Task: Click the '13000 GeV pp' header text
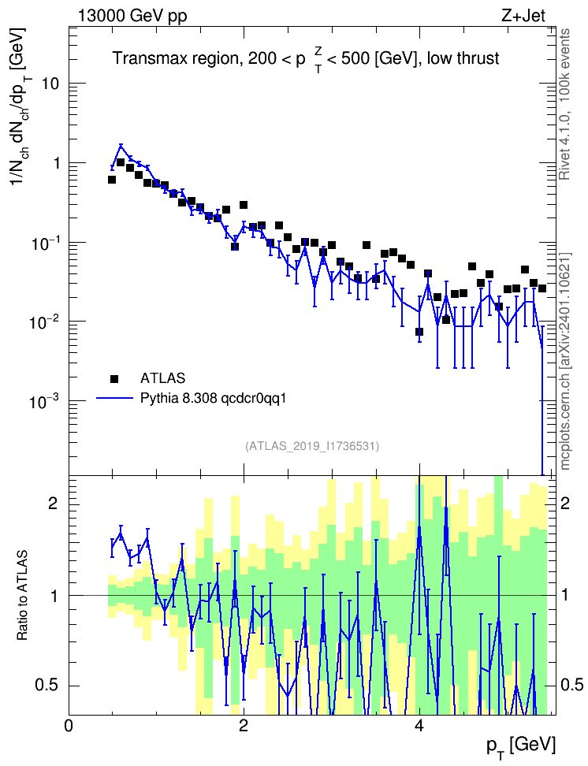pos(132,16)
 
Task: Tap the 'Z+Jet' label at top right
pos(523,16)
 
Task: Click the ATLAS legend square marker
pos(114,378)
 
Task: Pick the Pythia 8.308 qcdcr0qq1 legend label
pos(213,399)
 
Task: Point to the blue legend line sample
pos(114,399)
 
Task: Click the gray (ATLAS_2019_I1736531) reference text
pos(312,446)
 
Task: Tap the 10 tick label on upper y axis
pos(50,84)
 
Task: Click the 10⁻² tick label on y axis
pos(44,322)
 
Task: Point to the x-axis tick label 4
pos(419,725)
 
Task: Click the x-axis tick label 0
pos(69,725)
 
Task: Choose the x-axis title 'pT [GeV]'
pos(521,747)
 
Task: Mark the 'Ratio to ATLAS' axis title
pos(22,596)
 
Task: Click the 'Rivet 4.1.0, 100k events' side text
pos(565,104)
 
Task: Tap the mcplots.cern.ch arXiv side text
pos(565,361)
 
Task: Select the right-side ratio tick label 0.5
pos(571,685)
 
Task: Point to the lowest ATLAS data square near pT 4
pos(419,332)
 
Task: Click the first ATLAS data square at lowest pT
pos(111,180)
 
